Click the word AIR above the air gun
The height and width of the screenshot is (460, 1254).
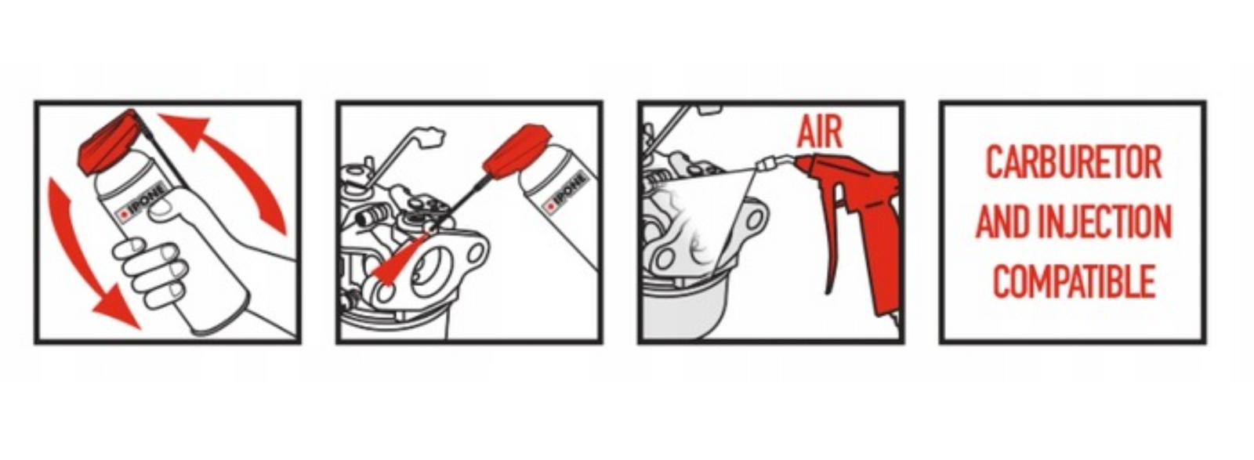pyautogui.click(x=820, y=132)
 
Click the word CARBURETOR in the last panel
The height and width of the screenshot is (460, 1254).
pyautogui.click(x=1074, y=162)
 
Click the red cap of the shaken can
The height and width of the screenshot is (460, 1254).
pyautogui.click(x=111, y=141)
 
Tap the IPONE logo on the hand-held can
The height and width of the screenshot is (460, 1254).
pyautogui.click(x=141, y=203)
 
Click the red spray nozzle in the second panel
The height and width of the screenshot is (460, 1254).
pyautogui.click(x=514, y=152)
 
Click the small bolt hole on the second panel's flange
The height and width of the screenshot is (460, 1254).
pyautogui.click(x=476, y=254)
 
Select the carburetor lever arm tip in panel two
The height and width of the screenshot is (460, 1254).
pyautogui.click(x=430, y=136)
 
